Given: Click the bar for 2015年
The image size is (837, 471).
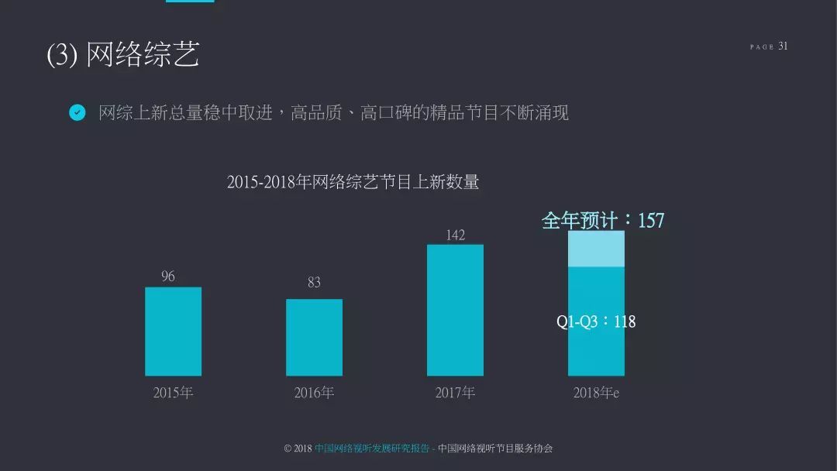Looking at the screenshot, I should point(173,332).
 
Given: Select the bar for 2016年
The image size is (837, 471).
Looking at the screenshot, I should point(314,337).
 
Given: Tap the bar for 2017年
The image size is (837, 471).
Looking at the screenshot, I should point(455,310).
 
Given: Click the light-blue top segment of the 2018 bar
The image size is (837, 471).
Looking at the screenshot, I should point(596,249).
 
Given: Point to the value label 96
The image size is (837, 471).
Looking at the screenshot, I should point(168,277).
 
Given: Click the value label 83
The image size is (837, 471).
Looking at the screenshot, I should point(314,283).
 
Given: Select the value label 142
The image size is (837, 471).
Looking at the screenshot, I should point(455,235).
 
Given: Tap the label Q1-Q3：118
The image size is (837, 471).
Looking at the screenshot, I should point(596,321).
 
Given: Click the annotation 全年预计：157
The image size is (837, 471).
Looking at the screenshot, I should point(603,221).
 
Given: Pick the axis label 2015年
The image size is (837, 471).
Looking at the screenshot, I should point(173,393).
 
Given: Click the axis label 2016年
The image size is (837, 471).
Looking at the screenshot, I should point(314,393).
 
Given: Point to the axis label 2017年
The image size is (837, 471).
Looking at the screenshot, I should point(455,393).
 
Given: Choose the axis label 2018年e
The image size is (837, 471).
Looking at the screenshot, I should point(596,393).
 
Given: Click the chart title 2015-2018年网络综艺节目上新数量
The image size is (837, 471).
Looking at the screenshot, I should point(353,182).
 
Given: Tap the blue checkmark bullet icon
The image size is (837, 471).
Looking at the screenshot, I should point(77,113).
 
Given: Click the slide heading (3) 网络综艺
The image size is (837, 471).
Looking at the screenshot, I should point(123,55).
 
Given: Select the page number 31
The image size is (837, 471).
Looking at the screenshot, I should point(783,46).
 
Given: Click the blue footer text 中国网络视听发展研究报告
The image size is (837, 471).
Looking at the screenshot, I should point(372,449).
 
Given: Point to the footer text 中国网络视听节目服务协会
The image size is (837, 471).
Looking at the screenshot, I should point(495,449).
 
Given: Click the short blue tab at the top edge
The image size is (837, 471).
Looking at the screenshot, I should point(190,2).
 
